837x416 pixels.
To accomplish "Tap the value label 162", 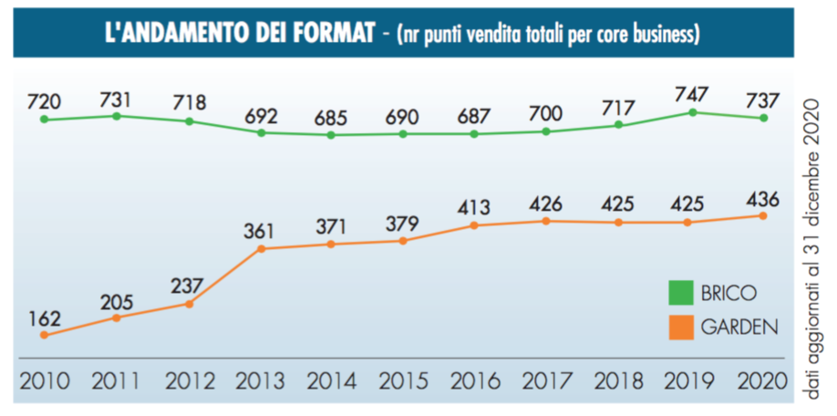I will (x=44, y=318).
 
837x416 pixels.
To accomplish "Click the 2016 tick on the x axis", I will (x=473, y=380).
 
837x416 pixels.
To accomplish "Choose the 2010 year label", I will (x=44, y=380).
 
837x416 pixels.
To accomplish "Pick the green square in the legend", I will (x=680, y=294).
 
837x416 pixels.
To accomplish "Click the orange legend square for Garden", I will (x=680, y=326).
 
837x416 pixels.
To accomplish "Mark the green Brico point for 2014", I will (x=331, y=135).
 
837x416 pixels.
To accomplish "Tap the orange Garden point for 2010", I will (x=44, y=335).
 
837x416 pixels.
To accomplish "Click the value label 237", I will (x=189, y=284).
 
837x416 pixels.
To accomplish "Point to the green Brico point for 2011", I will (x=117, y=116).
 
